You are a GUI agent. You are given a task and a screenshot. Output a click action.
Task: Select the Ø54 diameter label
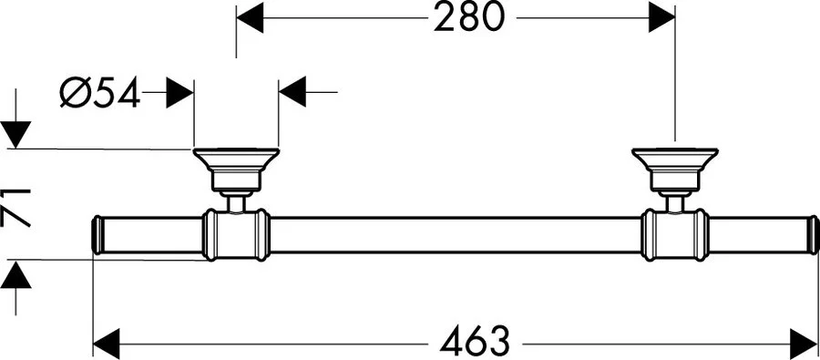[x=100, y=92]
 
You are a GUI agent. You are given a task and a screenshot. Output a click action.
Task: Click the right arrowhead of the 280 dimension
[x=662, y=17]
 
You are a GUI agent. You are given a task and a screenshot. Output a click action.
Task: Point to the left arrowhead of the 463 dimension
[x=107, y=344]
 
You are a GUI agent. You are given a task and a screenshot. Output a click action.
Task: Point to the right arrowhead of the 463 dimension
[x=806, y=344]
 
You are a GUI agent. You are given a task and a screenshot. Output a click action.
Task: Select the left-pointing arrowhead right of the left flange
[x=292, y=92]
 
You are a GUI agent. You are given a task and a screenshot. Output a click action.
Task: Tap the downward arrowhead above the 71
[x=17, y=134]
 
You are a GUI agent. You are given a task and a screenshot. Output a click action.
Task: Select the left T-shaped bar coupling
[x=236, y=234]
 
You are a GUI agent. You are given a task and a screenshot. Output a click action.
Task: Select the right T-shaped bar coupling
[x=674, y=234]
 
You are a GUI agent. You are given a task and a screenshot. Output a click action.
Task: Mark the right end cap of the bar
[x=813, y=234]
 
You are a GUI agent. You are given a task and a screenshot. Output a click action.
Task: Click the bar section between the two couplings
[x=456, y=234]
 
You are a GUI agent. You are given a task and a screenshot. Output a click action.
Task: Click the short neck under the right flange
[x=674, y=201]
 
